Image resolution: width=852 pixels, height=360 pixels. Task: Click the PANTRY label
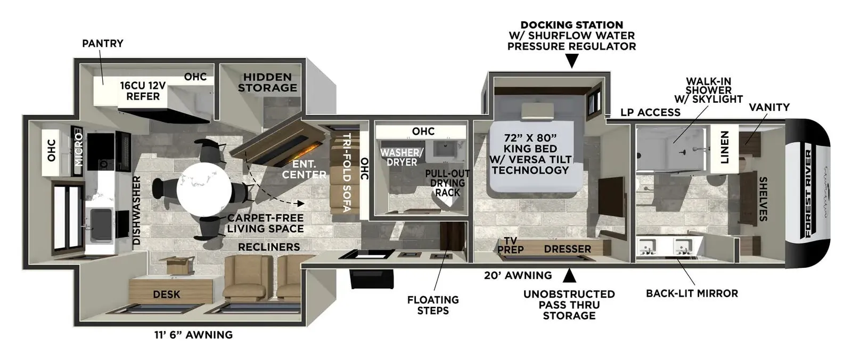103,43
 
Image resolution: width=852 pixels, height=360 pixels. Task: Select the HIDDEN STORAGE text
267,82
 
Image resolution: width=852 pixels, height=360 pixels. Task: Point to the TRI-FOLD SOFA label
347,173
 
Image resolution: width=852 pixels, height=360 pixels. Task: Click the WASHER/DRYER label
402,157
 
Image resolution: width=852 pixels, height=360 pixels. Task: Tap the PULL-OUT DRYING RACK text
447,183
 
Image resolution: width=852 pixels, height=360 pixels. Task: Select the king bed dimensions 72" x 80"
530,138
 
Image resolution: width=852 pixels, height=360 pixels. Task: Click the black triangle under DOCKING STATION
572,61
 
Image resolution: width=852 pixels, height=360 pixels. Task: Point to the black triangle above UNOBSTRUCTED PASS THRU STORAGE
569,275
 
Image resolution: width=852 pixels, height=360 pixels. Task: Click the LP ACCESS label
650,112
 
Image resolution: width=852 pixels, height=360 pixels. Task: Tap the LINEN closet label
725,148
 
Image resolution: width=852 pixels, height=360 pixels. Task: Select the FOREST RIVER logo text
808,194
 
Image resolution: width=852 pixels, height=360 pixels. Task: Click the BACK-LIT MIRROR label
692,293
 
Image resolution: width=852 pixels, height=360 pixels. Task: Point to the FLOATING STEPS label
433,305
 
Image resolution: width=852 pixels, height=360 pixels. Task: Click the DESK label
167,294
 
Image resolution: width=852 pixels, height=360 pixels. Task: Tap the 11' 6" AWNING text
193,335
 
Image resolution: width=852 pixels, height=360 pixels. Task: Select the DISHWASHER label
136,210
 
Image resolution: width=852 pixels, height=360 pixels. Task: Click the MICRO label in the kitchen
79,150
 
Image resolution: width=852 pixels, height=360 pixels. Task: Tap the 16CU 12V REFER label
143,91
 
